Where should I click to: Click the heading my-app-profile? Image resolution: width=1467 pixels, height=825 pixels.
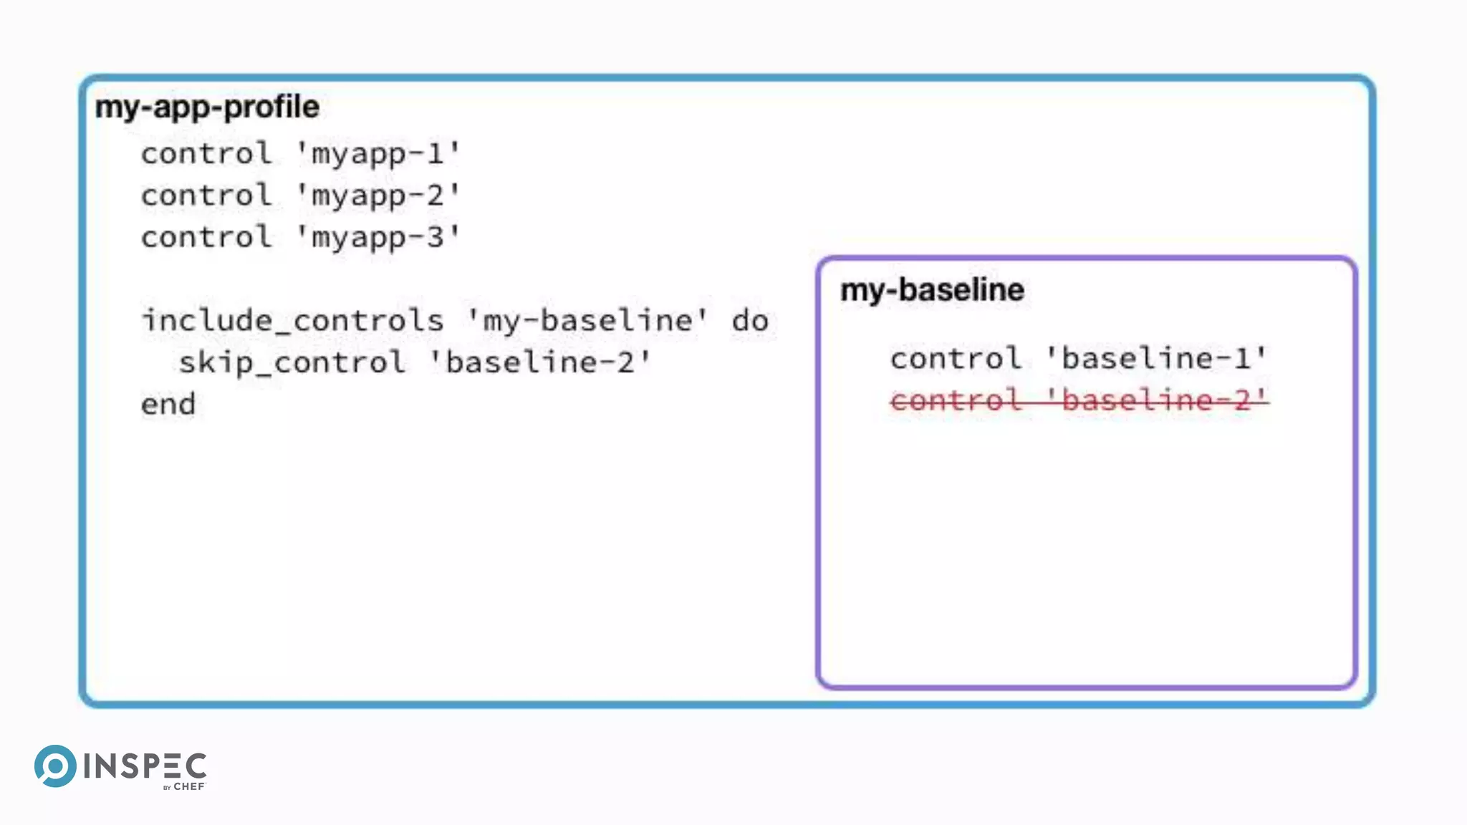[x=207, y=107]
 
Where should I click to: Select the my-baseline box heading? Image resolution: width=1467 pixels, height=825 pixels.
[x=932, y=290]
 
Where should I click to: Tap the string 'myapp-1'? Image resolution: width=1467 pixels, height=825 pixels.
[x=377, y=154]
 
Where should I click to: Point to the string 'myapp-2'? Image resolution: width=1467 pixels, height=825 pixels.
[x=377, y=196]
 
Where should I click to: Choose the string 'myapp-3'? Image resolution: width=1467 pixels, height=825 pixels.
[x=377, y=237]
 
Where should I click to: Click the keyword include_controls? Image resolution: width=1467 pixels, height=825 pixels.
[x=292, y=320]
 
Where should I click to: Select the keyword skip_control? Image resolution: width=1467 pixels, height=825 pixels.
[x=292, y=362]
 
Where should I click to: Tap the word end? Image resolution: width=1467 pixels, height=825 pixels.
[x=168, y=405]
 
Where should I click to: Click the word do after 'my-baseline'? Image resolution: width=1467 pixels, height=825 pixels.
[x=750, y=321]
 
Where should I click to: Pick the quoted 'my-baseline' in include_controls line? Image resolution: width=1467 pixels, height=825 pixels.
[x=587, y=320]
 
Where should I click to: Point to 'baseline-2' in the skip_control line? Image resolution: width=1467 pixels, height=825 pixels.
[x=541, y=362]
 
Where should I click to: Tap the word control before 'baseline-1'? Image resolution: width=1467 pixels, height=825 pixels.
[x=956, y=358]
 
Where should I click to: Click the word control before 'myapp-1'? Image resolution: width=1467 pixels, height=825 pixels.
[x=206, y=154]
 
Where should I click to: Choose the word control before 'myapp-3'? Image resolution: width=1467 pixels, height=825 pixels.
[x=206, y=237]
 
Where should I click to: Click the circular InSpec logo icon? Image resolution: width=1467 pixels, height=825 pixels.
[x=55, y=766]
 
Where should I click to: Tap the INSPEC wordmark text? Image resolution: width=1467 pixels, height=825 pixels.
[x=145, y=766]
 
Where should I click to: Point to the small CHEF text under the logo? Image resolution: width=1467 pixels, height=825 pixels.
[x=189, y=786]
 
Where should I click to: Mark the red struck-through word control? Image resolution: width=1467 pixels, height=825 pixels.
[x=956, y=400]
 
